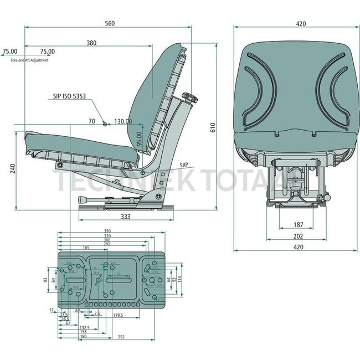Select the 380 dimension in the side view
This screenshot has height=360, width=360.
(x=91, y=43)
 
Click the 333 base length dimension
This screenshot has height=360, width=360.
(x=125, y=217)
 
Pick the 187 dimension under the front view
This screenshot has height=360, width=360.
(x=299, y=225)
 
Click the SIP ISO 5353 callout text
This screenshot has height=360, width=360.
(x=70, y=96)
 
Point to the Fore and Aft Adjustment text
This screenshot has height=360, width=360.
(x=29, y=60)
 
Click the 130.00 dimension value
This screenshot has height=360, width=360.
(x=122, y=121)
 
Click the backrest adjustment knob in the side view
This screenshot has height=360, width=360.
(x=190, y=99)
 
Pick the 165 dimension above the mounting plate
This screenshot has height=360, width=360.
(x=86, y=248)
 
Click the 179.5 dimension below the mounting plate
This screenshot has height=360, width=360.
(x=117, y=315)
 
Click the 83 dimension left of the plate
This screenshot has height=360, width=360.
(x=45, y=280)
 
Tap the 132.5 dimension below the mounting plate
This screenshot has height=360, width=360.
(x=84, y=327)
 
